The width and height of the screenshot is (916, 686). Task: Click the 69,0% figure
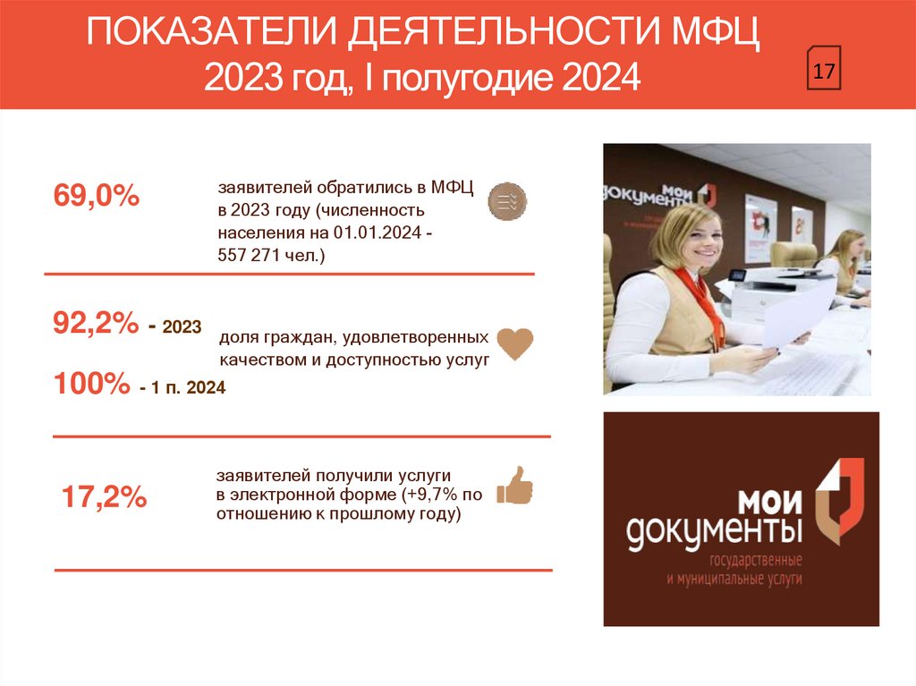(x=97, y=196)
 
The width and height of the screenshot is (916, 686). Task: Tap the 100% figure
(x=92, y=385)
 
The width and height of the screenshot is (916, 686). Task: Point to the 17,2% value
(x=104, y=498)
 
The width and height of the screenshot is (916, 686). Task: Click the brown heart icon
(x=514, y=343)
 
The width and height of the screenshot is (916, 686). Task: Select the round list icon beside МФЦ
(x=507, y=201)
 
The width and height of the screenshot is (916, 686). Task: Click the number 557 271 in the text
(x=252, y=256)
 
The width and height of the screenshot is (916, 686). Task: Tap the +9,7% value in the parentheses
(x=434, y=494)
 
